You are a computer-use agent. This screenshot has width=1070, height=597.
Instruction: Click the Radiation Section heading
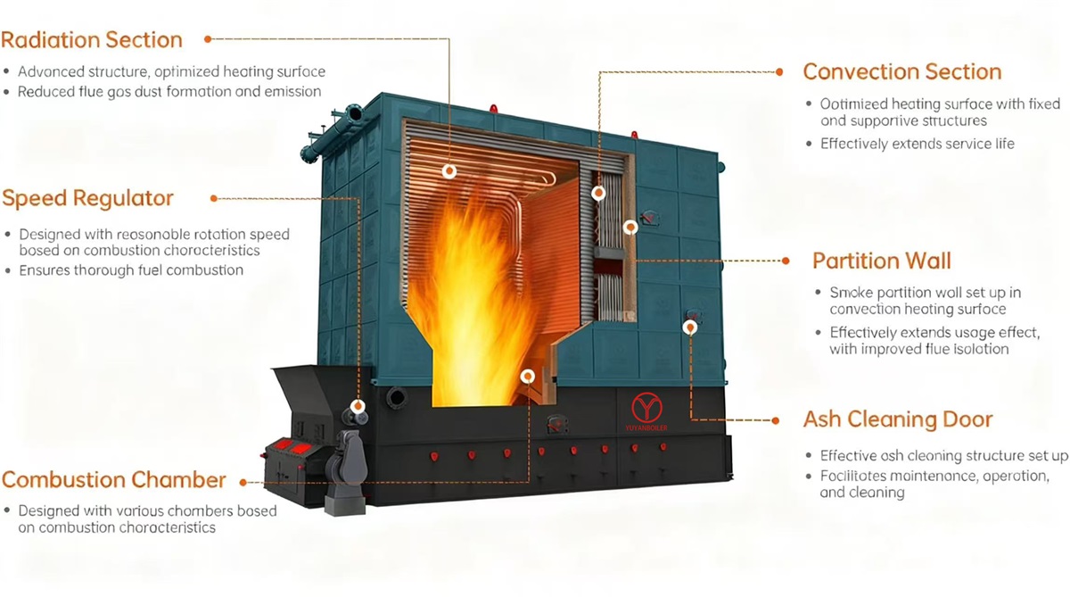[92, 40]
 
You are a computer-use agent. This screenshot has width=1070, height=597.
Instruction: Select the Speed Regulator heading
[87, 198]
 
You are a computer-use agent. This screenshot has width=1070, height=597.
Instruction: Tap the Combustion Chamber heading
[113, 480]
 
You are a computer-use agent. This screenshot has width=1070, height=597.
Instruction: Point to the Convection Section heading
[901, 72]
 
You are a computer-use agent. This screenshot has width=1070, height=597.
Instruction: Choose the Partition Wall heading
[881, 261]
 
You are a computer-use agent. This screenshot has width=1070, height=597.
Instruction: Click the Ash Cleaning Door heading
[897, 419]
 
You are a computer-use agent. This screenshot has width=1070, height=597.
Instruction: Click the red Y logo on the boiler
[646, 409]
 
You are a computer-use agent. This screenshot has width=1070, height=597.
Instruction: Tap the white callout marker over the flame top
[449, 170]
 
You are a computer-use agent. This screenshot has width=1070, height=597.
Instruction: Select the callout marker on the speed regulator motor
[358, 407]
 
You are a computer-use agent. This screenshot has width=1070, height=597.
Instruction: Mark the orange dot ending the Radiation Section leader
[208, 39]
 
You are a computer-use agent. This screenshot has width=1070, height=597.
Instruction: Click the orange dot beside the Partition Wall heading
[786, 261]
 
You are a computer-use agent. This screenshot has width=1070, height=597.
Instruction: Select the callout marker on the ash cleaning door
[689, 328]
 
